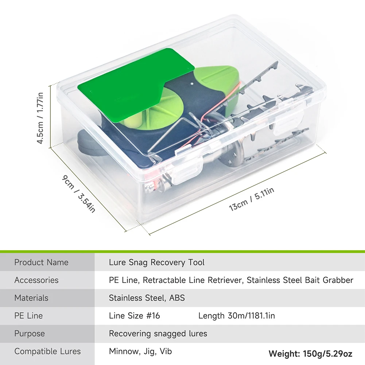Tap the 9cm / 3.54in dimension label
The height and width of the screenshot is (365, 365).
click(78, 194)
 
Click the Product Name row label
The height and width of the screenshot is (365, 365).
click(41, 262)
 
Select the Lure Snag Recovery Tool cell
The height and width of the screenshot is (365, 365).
click(156, 262)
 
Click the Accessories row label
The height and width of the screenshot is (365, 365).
click(36, 280)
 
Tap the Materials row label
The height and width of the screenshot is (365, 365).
click(31, 298)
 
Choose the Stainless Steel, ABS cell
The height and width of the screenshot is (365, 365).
click(147, 298)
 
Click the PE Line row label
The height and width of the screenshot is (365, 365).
click(28, 316)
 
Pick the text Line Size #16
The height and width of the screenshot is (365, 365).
click(134, 316)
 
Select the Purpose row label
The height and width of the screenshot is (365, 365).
click(30, 334)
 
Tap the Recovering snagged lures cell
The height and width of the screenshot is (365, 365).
click(158, 334)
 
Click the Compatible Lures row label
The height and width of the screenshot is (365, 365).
click(47, 352)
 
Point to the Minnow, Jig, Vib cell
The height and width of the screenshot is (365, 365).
click(140, 352)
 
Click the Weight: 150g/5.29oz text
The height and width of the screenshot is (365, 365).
click(310, 354)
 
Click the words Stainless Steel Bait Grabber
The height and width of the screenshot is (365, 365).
click(300, 280)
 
